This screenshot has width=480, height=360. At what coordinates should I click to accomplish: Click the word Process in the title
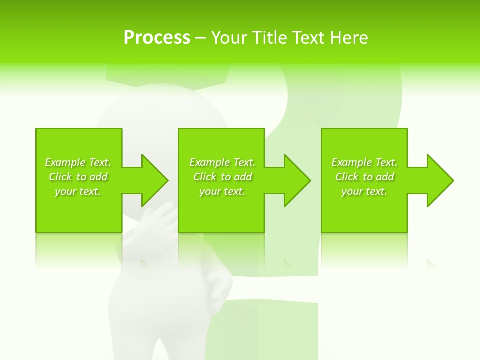(157, 38)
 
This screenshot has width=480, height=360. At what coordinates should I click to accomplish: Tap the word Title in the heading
(268, 38)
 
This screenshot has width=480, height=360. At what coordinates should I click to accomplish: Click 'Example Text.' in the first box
(78, 162)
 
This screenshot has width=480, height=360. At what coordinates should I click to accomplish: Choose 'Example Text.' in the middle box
(222, 162)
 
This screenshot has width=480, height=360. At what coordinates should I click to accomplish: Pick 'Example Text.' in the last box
(364, 162)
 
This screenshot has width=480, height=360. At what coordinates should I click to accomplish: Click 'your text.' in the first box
(78, 191)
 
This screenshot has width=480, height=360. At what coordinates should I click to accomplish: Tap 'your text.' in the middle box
(222, 191)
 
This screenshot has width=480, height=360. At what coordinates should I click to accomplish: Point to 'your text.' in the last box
(364, 191)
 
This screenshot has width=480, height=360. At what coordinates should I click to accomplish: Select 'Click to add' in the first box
(78, 177)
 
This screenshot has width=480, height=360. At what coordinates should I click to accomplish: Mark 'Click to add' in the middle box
(222, 177)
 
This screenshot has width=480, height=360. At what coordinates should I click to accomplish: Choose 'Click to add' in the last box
(364, 177)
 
